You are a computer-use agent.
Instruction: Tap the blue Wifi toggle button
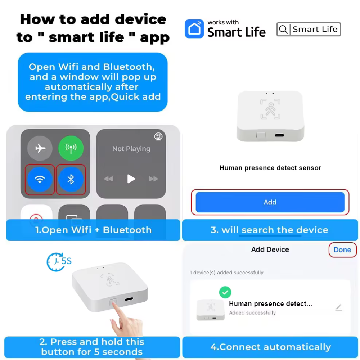40,179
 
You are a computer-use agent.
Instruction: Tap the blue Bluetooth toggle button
71,179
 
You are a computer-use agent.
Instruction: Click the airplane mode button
40,148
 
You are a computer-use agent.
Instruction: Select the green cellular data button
71,148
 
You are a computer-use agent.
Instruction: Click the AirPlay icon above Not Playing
158,136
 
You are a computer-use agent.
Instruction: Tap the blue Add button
270,202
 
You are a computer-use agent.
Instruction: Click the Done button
342,249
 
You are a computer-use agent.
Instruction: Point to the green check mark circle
225,292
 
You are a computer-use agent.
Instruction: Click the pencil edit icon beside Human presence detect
339,307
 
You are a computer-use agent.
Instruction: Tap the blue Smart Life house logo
194,29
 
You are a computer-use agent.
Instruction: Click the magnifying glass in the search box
283,30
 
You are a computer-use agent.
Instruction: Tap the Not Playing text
131,149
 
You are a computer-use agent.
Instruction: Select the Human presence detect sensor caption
270,168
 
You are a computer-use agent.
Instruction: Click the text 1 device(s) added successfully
226,273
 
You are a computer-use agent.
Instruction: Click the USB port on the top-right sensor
279,135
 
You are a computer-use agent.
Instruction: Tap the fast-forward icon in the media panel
153,179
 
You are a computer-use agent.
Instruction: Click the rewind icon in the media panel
109,179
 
